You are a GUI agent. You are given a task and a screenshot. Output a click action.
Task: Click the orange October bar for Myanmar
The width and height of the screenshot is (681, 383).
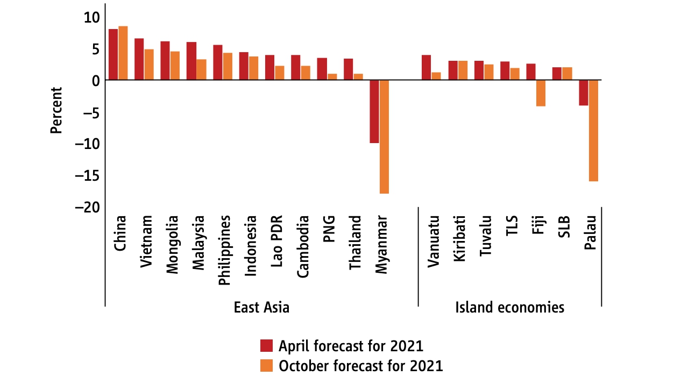(x=384, y=137)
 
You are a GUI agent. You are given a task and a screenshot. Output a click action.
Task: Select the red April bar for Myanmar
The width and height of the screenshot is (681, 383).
(x=374, y=111)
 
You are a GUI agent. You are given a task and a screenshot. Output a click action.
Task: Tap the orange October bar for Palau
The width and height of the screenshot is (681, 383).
(x=593, y=131)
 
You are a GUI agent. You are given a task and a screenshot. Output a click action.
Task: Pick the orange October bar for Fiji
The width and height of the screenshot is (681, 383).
(x=541, y=93)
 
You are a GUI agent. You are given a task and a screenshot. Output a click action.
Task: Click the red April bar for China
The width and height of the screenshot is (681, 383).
(x=113, y=54)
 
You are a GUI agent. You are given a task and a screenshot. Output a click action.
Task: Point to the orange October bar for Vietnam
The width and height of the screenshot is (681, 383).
(x=149, y=65)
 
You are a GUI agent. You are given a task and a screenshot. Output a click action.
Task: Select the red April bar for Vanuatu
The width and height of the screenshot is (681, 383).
(x=426, y=67)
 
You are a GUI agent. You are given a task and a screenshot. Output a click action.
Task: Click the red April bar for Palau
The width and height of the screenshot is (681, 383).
(x=584, y=93)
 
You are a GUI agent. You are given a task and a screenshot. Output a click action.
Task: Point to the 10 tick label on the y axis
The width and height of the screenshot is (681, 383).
(x=92, y=17)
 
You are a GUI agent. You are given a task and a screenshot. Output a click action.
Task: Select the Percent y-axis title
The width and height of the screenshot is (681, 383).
(x=56, y=110)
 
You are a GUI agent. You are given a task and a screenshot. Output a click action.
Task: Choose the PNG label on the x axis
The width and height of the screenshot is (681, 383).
(x=329, y=229)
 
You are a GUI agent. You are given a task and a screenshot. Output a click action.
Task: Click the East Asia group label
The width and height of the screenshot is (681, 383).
(x=261, y=308)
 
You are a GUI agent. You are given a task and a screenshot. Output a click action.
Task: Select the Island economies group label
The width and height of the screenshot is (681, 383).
(x=509, y=308)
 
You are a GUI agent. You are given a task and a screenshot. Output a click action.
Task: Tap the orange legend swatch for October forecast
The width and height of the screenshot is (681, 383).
(x=267, y=365)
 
